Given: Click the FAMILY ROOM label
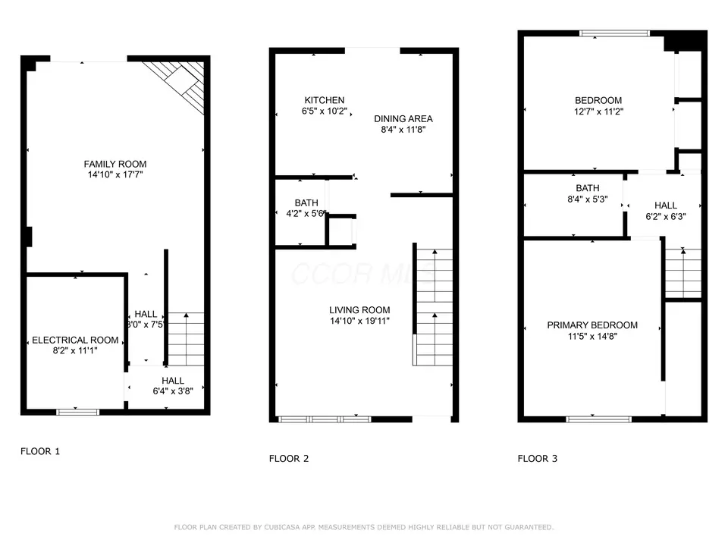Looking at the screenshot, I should coord(115,164).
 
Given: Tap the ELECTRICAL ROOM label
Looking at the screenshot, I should coord(75,340).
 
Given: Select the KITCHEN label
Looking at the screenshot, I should coord(325,100).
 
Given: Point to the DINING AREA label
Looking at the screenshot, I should coord(403,118).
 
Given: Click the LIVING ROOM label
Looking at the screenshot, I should coord(359,309).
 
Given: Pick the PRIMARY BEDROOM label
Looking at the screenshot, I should coord(592,325).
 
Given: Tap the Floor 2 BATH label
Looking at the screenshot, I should coord(306,202).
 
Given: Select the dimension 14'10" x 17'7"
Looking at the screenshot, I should coord(115,175).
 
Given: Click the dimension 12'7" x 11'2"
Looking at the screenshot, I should coord(598,111).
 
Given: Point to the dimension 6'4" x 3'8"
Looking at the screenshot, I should coord(173,391).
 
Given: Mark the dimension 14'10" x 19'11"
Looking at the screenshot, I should coord(359,321).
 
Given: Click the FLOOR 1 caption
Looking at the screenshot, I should coord(39,451).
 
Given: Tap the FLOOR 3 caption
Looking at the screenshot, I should coord(538,458).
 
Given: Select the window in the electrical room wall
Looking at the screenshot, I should coord(78,412).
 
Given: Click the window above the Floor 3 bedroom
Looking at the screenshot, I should coord(615,33).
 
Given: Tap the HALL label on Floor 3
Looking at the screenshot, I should coord(666,205).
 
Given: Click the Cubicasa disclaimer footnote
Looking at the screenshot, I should coord(364,527).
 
